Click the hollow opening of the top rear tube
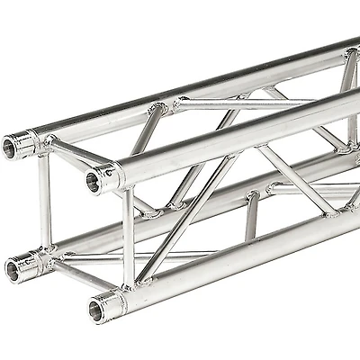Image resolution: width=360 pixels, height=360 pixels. (11, 146)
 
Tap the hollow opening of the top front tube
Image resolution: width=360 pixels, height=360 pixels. (93, 183)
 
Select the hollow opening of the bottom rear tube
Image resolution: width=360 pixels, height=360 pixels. (13, 268)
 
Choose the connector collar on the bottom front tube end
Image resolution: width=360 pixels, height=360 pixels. (112, 304)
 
